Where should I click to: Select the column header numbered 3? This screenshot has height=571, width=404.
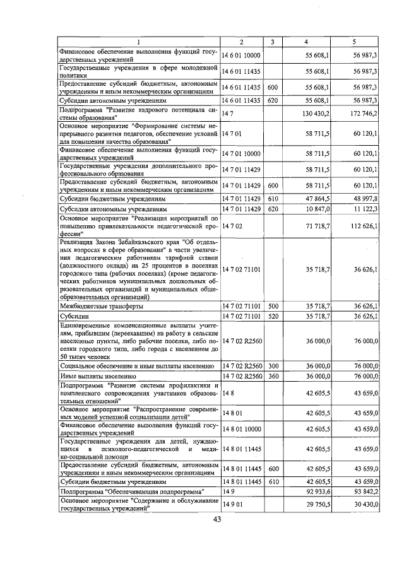(272, 42)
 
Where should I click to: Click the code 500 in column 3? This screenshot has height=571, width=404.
(273, 306)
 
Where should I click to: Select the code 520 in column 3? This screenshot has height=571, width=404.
(273, 315)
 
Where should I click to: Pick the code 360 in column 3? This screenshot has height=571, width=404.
(273, 375)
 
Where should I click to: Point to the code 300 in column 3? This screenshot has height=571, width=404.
(273, 366)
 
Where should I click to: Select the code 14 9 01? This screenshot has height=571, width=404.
(232, 504)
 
